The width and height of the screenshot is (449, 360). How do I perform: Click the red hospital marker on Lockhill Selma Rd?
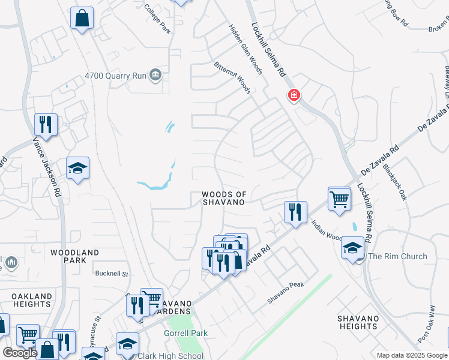(294, 94)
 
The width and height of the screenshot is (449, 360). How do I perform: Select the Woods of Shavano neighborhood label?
(224, 199)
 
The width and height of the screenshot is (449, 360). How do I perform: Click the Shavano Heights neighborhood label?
(358, 322)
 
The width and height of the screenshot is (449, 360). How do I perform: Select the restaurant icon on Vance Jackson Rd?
(46, 124)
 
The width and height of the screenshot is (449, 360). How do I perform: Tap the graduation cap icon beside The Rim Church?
(353, 247)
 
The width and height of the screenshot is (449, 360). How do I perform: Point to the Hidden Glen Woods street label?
(246, 49)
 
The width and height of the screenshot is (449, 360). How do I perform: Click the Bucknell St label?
(112, 274)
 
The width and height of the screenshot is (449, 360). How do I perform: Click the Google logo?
(20, 353)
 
